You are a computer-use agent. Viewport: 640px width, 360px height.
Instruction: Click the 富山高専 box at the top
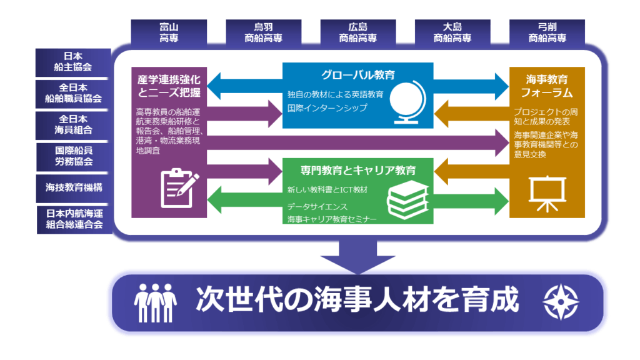169,32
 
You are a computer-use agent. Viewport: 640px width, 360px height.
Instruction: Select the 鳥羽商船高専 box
263,32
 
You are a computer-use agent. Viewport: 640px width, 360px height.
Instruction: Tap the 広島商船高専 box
357,32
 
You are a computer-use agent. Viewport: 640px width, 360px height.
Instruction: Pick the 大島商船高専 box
452,32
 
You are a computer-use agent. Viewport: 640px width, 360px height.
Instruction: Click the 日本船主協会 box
74,61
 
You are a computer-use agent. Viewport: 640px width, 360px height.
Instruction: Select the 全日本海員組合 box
74,124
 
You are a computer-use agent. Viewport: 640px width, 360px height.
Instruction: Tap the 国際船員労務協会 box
74,156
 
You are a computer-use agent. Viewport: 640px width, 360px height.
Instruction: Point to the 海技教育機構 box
74,187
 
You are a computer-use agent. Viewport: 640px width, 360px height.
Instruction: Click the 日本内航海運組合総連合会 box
74,219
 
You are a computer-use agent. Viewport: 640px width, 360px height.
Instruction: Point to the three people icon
156,301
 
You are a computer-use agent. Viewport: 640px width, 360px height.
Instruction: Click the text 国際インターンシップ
327,107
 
